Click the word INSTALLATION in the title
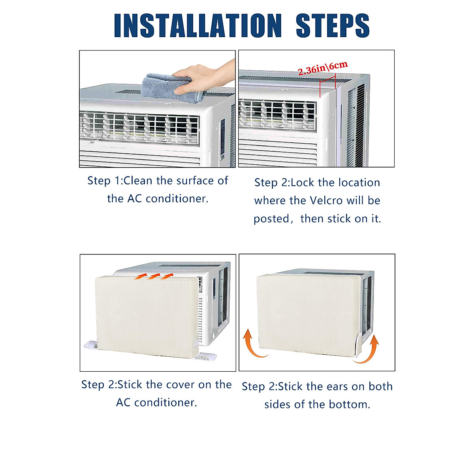(197, 26)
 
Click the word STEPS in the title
(333, 26)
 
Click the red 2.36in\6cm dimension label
(323, 68)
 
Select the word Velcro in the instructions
(326, 201)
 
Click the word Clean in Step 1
(138, 181)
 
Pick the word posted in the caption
(271, 219)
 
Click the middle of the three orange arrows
(153, 276)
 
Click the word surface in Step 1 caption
(195, 181)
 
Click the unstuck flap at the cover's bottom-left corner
(91, 345)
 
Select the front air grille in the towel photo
(139, 128)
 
